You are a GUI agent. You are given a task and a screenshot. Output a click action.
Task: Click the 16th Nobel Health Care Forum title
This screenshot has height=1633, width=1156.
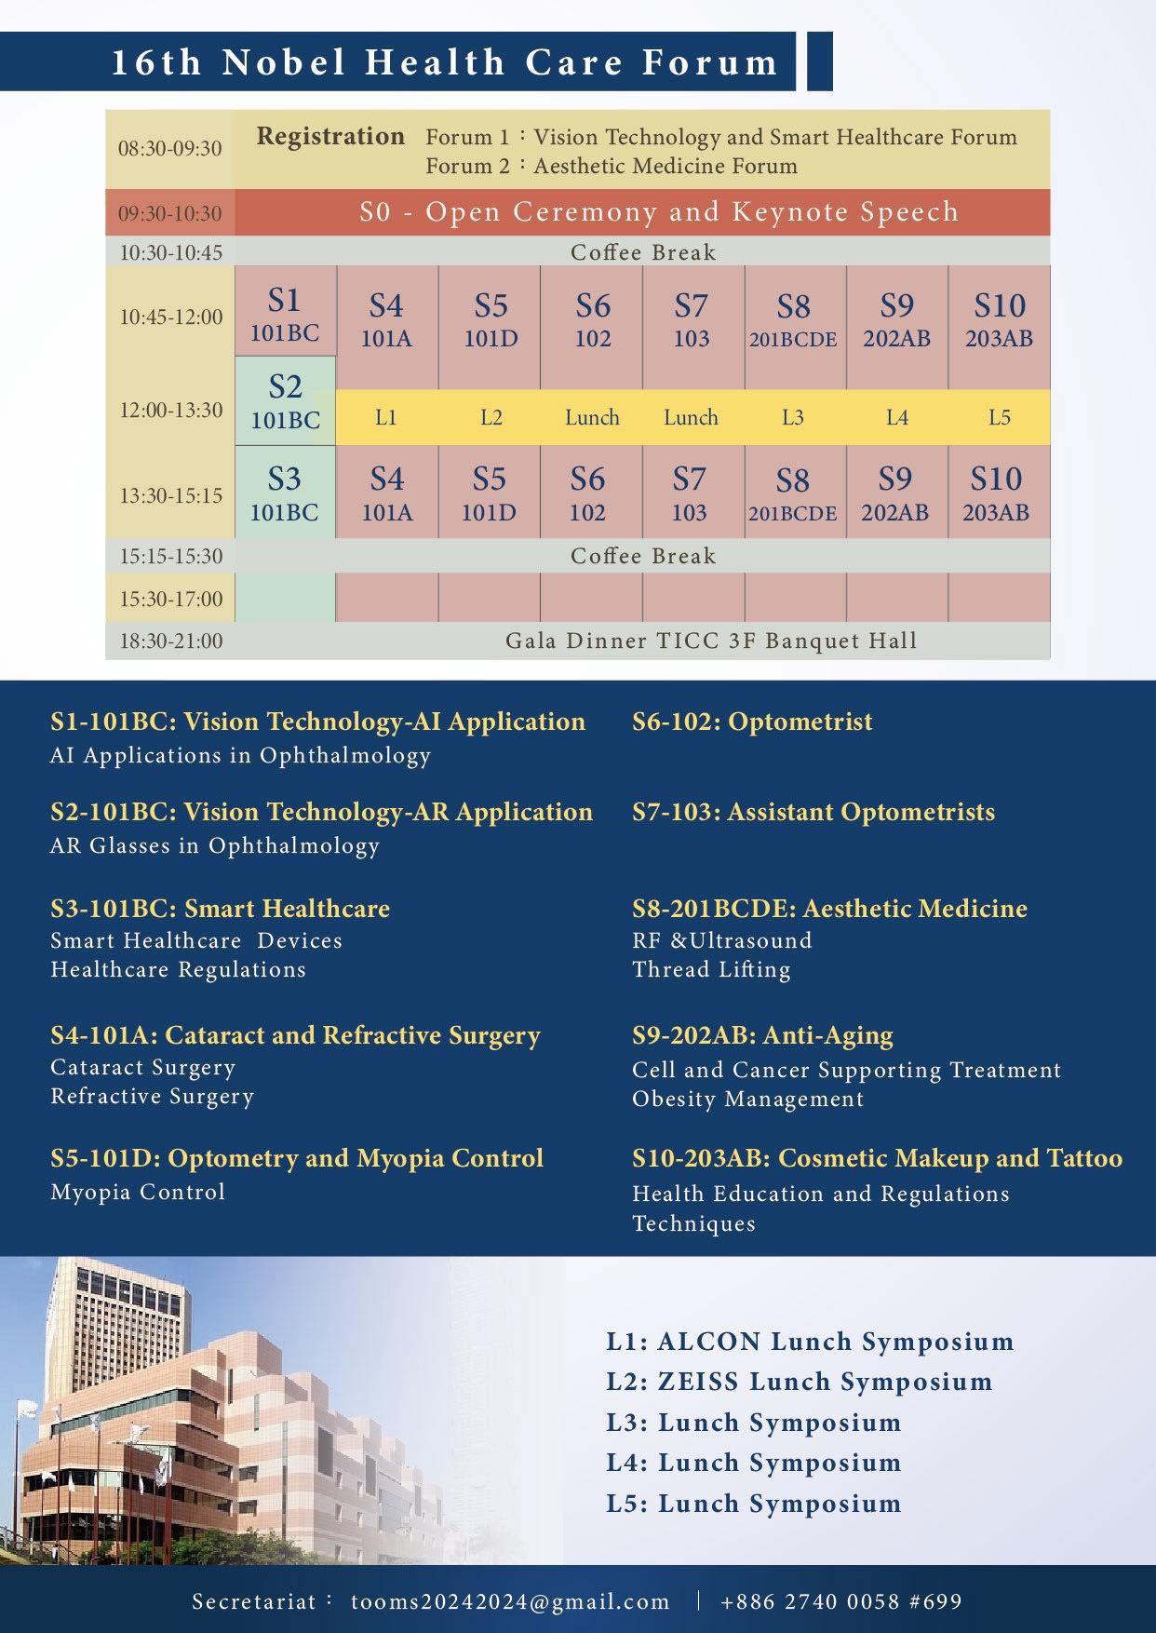[445, 62]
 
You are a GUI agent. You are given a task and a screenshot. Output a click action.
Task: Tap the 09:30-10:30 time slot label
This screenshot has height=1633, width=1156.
[169, 213]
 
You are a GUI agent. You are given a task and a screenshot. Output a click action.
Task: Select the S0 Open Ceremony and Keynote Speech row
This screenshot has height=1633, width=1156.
[659, 212]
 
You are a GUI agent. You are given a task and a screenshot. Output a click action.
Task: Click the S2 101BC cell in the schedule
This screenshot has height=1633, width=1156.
[285, 402]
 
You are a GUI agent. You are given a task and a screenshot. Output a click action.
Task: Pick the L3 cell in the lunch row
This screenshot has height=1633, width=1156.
[792, 417]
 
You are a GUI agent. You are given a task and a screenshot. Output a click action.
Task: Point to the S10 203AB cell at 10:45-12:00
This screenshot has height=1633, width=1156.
[999, 320]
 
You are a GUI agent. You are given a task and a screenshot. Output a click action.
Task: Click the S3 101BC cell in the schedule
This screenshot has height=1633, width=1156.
[285, 493]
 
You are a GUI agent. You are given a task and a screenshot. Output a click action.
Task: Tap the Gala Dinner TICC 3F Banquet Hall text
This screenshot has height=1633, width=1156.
[711, 641]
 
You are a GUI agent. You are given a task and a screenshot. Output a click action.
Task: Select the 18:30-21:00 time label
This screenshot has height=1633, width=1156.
[170, 641]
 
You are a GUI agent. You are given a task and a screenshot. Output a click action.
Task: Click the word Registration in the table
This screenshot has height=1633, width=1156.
[330, 136]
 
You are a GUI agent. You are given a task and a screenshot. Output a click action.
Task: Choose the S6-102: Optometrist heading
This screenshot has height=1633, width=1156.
[752, 722]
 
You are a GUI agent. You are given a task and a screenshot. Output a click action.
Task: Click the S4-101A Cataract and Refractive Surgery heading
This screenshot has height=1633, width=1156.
[295, 1035]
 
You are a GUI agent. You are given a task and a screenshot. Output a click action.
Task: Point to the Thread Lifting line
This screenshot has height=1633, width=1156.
[711, 969]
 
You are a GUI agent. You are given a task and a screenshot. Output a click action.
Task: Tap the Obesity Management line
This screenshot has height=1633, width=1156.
[747, 1099]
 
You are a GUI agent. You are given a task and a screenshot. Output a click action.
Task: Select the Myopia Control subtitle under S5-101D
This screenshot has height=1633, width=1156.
[138, 1192]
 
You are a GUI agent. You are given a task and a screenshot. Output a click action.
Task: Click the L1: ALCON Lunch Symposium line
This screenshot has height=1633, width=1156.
[810, 1342]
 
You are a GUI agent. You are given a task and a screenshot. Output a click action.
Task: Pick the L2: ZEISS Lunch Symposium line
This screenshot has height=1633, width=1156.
[799, 1382]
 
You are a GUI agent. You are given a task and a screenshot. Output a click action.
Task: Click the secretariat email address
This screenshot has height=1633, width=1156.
[510, 1601]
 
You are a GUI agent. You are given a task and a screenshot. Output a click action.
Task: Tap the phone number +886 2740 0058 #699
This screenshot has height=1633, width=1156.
[840, 1601]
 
